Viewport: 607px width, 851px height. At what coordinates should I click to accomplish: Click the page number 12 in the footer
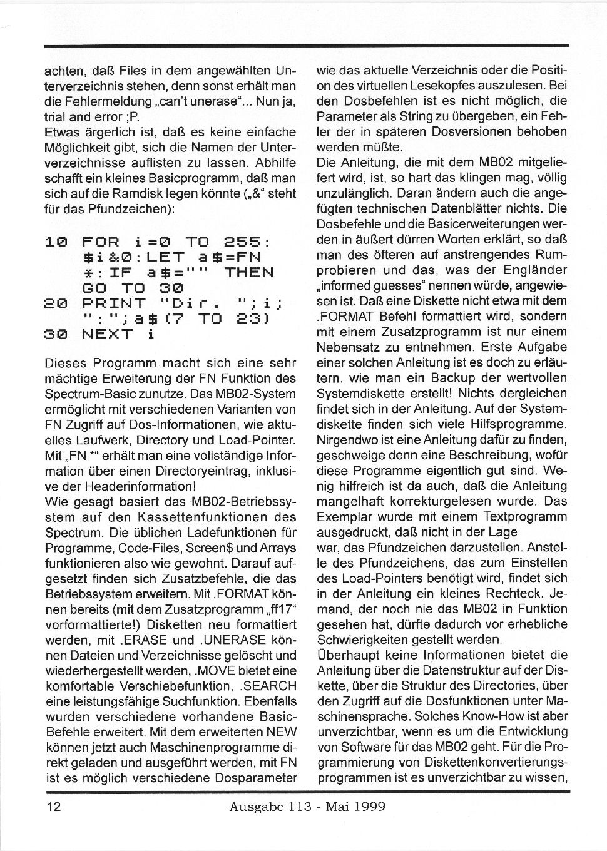(x=53, y=807)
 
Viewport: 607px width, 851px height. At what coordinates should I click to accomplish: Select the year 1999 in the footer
(x=369, y=807)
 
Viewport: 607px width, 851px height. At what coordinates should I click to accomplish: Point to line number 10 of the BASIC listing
(x=56, y=242)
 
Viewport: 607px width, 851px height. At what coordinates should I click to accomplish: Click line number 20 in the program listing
(x=56, y=303)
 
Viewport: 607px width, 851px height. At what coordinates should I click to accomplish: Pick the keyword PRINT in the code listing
(x=114, y=303)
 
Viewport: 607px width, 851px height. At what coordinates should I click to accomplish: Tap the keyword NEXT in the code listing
(x=107, y=334)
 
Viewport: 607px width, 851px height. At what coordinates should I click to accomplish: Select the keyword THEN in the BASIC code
(x=249, y=272)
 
